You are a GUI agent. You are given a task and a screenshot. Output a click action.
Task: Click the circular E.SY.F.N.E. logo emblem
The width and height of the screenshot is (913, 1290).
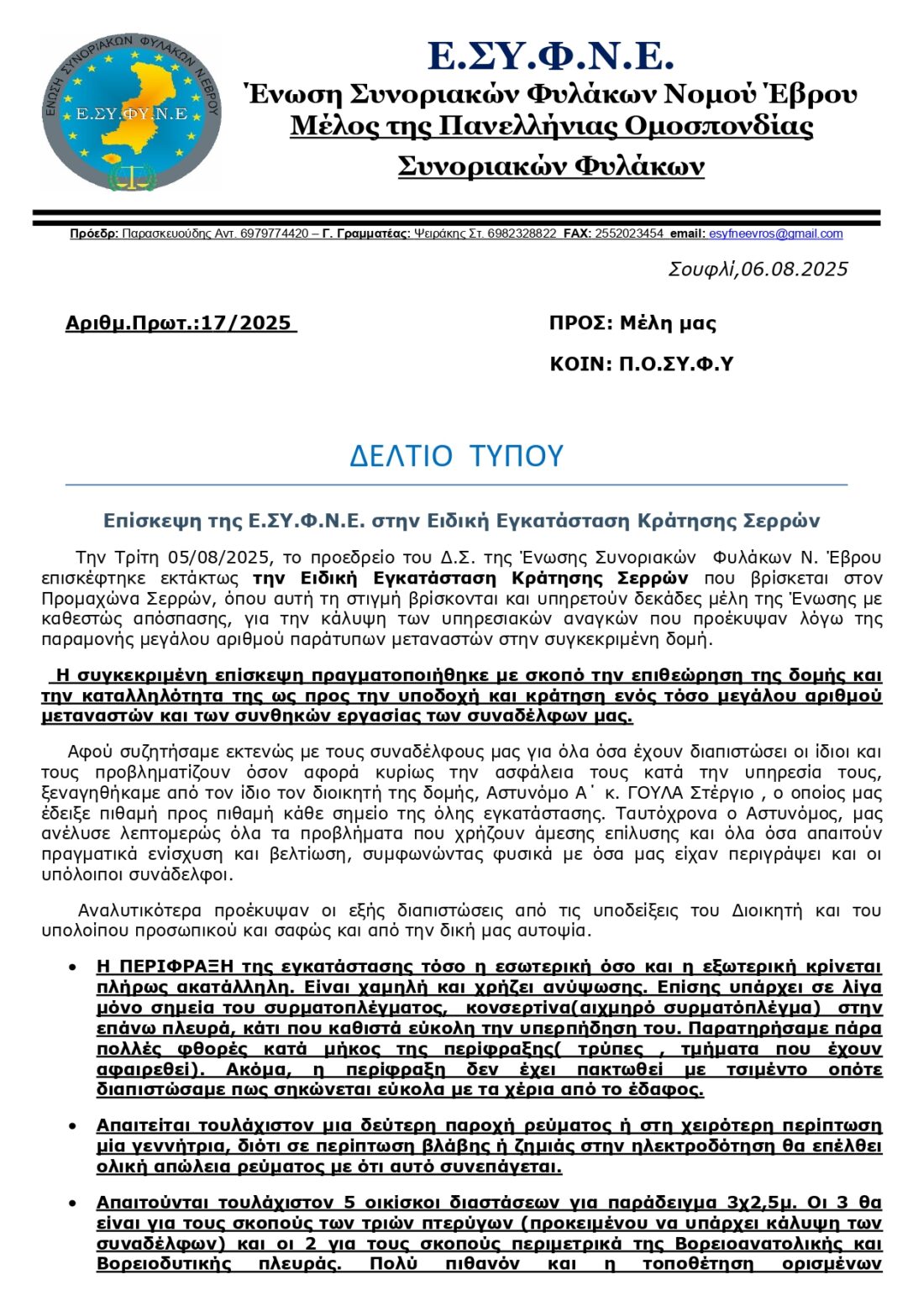[132, 112]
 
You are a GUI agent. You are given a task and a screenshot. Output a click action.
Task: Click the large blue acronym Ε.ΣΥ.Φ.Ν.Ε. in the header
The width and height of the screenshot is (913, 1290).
[550, 56]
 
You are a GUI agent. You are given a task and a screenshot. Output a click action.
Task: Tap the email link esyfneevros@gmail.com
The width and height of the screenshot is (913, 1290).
[775, 234]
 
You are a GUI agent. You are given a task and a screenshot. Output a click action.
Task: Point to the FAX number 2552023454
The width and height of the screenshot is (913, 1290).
[629, 234]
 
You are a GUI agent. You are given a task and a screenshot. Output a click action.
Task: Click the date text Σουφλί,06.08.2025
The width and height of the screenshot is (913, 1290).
[758, 270]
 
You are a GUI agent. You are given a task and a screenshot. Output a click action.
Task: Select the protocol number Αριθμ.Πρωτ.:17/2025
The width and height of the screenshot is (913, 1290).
[181, 323]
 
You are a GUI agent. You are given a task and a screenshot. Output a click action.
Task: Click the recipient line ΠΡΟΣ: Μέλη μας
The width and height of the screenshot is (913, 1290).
[632, 323]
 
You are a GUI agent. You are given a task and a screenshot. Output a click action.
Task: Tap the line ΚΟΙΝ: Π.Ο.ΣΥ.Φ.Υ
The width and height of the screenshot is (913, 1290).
[641, 364]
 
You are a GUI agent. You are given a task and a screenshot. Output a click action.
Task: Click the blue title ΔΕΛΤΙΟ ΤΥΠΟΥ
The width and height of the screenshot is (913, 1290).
[456, 456]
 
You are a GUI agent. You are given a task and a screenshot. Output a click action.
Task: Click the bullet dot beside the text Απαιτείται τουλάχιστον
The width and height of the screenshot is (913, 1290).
[74, 1126]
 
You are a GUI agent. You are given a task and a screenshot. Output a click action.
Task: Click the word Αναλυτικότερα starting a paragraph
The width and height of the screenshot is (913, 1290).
[139, 910]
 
